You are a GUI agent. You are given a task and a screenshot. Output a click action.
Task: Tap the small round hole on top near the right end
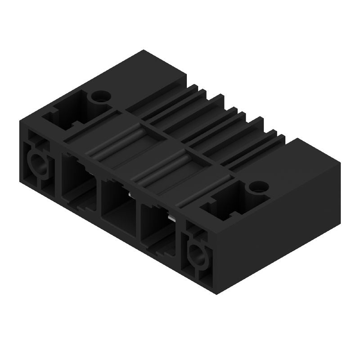click(258, 185)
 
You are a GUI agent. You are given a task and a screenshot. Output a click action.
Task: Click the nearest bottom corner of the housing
click(217, 292)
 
